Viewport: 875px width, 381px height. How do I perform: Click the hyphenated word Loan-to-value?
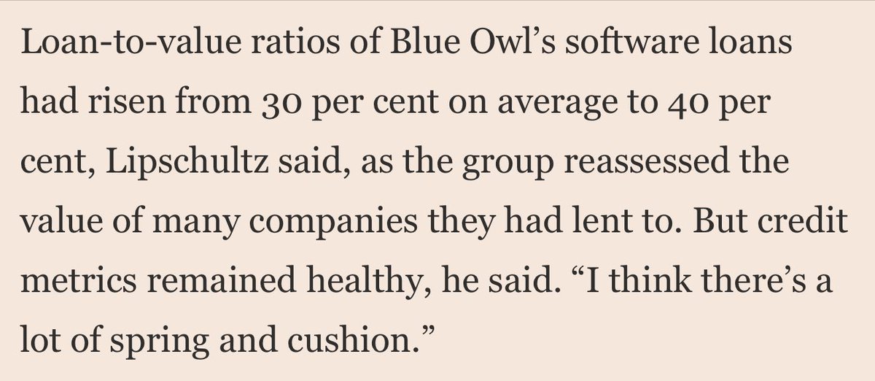coord(131,42)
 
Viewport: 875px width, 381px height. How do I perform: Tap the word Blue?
coord(425,42)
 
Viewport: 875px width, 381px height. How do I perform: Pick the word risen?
coord(127,101)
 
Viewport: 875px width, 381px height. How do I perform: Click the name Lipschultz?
coord(187,162)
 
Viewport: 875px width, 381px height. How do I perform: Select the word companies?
coord(332,223)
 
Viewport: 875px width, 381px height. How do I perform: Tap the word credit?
coord(803,220)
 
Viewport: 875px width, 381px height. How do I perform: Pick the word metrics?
coord(79,281)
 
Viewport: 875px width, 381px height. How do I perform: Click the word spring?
coord(159,342)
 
